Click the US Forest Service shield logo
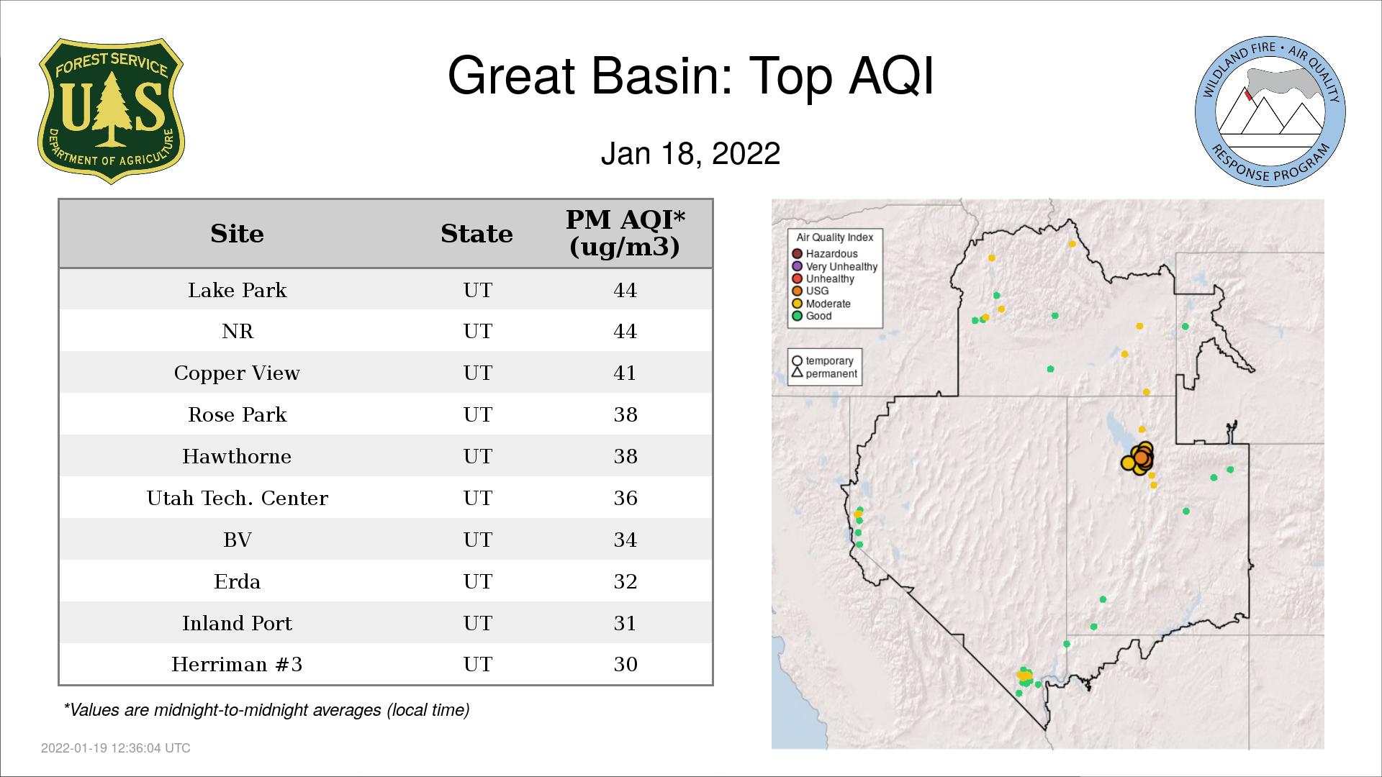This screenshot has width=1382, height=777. click(111, 112)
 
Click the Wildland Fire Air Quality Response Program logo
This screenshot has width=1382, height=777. click(1270, 112)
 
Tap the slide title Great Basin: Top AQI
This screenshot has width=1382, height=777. click(690, 76)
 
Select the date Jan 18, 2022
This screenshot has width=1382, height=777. click(690, 154)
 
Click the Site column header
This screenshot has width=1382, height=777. click(237, 234)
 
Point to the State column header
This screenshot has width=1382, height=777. click(477, 234)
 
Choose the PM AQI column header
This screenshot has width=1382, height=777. click(625, 233)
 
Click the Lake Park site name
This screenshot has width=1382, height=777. click(238, 290)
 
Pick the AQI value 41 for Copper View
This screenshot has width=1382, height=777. click(625, 373)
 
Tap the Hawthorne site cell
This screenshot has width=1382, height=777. click(237, 456)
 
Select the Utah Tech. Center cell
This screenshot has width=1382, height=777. click(238, 498)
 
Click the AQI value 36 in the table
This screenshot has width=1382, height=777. click(625, 498)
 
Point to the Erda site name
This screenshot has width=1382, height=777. click(237, 581)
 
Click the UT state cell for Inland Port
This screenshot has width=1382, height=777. click(478, 623)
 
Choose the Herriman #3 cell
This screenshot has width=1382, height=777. click(237, 664)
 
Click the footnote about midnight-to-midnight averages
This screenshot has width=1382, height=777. click(266, 710)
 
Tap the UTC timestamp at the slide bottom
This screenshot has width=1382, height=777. click(116, 748)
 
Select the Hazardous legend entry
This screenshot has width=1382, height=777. click(825, 254)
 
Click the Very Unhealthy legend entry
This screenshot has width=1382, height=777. click(835, 266)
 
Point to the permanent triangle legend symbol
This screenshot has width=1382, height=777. click(797, 373)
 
